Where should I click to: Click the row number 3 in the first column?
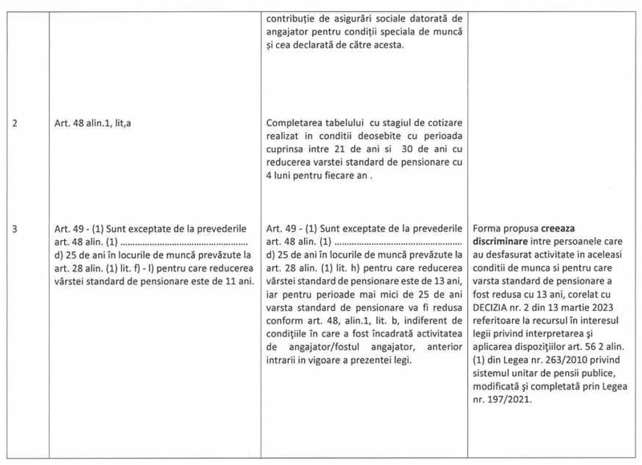[x=16, y=227]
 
